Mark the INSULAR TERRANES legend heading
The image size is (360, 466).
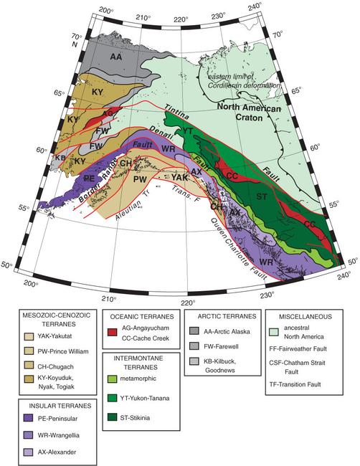point(51,405)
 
